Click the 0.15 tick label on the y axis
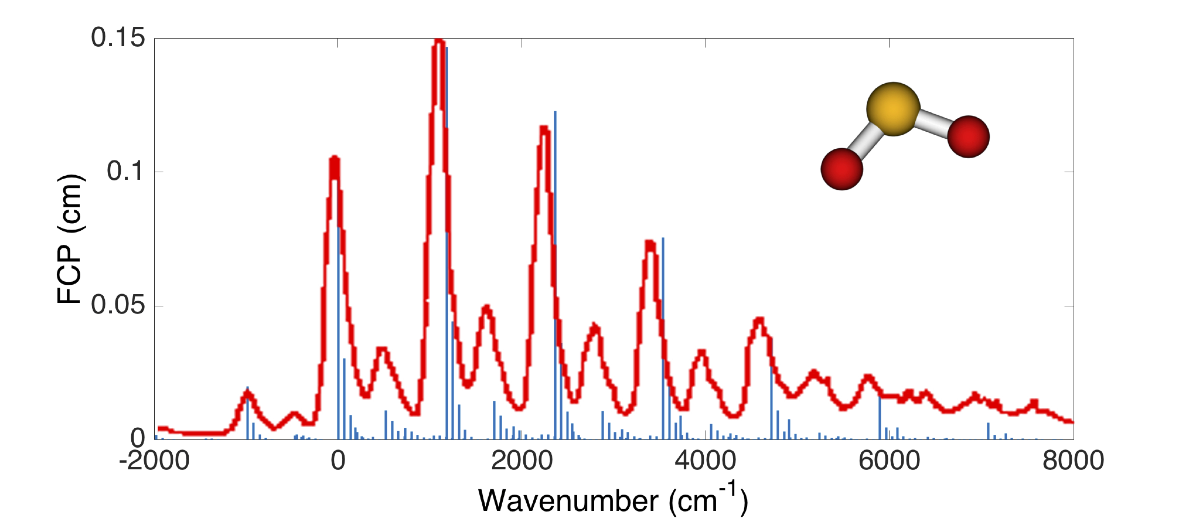tap(118, 38)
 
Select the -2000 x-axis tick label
tap(154, 460)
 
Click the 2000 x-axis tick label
tap(522, 460)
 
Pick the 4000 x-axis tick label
tap(705, 460)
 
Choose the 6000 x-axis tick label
tap(889, 460)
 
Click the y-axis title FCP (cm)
tap(69, 239)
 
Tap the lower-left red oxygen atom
tap(842, 169)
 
